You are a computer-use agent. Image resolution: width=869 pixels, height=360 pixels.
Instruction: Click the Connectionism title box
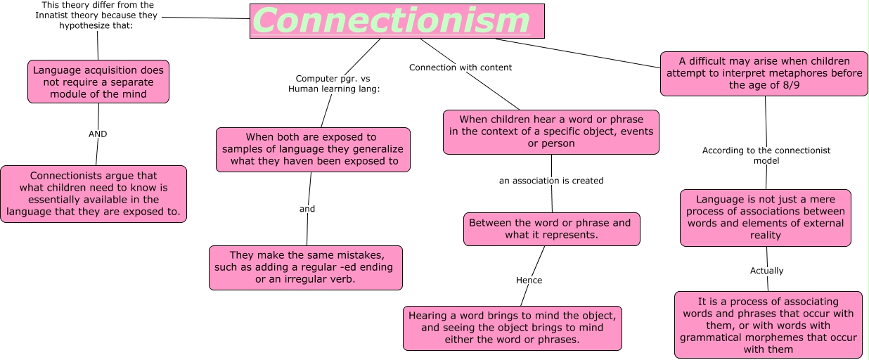397,21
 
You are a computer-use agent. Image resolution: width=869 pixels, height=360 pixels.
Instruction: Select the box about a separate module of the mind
98,82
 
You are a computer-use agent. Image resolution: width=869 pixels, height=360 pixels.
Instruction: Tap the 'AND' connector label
98,134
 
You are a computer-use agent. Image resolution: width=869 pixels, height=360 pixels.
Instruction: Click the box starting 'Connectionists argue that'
94,194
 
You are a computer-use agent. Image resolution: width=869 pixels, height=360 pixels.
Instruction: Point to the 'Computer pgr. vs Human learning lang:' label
334,84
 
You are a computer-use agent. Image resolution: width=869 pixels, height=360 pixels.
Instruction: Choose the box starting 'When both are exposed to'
313,149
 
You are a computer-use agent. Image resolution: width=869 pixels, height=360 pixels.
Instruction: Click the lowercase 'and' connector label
307,209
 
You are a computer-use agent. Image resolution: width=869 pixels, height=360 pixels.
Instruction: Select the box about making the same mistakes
306,268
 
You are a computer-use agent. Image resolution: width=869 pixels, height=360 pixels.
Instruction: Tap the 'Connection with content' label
461,67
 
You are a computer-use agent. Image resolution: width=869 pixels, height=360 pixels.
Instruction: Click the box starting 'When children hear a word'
551,132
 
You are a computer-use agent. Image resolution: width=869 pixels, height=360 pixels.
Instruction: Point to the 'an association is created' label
551,181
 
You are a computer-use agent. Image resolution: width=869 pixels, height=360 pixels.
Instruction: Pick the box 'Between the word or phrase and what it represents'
552,229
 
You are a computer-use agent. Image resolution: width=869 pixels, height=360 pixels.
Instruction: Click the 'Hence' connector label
529,280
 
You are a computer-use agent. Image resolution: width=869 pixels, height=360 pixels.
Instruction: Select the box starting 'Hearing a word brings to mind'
513,328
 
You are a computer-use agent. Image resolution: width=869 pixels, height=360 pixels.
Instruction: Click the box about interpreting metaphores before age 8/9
764,74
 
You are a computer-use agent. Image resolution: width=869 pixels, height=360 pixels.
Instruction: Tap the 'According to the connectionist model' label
766,155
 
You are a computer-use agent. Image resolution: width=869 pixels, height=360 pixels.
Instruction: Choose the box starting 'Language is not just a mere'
766,218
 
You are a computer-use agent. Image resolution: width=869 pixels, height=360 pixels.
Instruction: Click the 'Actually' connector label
766,271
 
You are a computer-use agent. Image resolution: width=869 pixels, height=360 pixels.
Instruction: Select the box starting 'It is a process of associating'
768,325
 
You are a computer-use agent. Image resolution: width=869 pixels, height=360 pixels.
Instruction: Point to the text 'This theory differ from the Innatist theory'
96,10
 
